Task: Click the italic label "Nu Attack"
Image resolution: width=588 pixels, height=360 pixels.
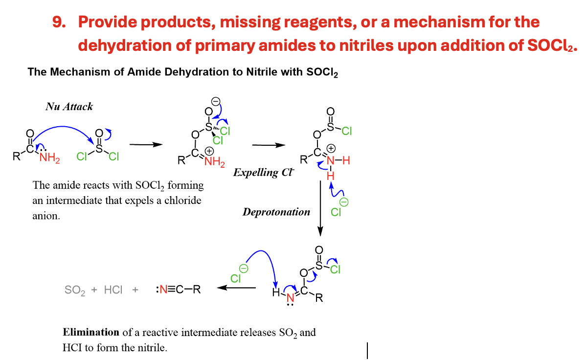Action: [69, 106]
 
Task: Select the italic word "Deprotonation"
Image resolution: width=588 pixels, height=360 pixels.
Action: [276, 212]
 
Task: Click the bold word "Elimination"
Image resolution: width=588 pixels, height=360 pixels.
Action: [91, 333]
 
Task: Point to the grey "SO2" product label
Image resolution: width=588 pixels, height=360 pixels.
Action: [75, 290]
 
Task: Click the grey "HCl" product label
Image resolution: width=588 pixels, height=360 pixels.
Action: [113, 290]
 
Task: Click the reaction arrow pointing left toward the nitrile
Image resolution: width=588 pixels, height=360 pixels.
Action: [236, 288]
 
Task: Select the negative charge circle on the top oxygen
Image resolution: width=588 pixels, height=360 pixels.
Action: [216, 101]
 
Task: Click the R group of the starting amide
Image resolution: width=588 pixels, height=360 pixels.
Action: [16, 157]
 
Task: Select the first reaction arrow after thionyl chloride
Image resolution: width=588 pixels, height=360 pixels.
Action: [145, 145]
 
